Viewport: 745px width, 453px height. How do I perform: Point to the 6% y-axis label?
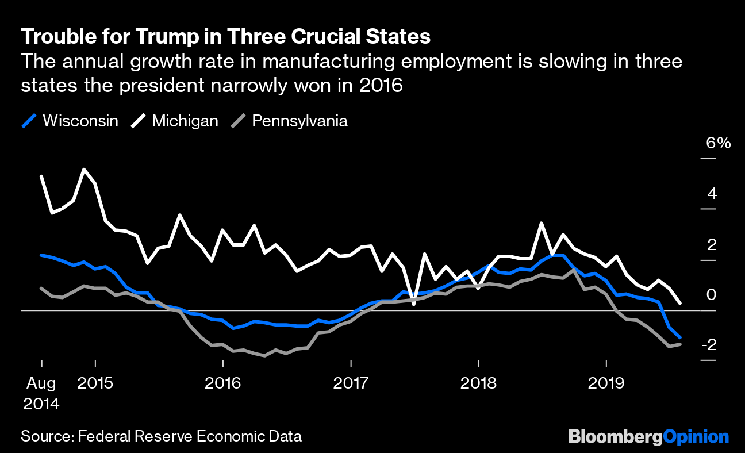coord(719,143)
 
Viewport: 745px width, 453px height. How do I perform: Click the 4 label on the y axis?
coord(712,193)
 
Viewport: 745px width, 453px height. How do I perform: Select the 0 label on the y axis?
coord(712,294)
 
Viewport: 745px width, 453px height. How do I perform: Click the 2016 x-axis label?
coord(222,382)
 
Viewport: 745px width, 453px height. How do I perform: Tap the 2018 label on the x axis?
coord(478,382)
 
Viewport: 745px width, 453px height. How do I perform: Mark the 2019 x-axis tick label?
coord(606,382)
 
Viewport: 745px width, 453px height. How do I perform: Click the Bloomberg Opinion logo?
coord(648,436)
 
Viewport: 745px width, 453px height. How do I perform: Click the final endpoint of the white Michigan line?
coord(681,302)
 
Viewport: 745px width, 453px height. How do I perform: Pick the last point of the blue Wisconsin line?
coord(681,337)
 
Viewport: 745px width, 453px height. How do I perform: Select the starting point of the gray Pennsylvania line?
coord(41,288)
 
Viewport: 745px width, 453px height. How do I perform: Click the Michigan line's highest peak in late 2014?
coord(85,170)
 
